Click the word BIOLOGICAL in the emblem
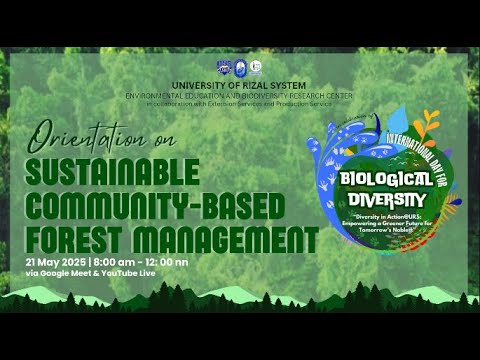click(x=385, y=180)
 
